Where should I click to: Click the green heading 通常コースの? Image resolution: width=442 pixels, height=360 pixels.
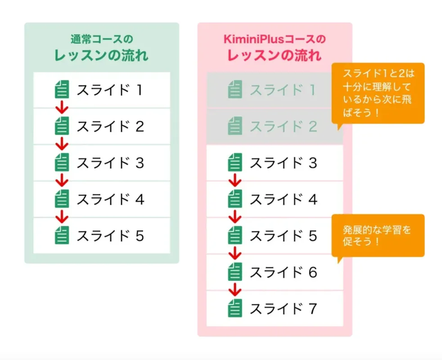pyautogui.click(x=102, y=39)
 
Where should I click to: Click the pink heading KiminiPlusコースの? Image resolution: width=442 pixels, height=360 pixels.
pyautogui.click(x=275, y=39)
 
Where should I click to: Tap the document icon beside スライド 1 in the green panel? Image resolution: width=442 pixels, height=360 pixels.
pyautogui.click(x=62, y=90)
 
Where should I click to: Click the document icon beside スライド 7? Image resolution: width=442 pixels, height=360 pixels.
pyautogui.click(x=235, y=309)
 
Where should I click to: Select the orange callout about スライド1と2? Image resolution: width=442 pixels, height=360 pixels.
pyautogui.click(x=378, y=93)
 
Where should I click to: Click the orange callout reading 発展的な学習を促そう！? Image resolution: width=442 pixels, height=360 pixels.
pyautogui.click(x=378, y=235)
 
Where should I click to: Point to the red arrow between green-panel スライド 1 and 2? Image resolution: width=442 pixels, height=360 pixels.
pyautogui.click(x=62, y=108)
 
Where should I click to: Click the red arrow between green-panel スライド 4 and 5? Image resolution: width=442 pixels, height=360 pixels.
pyautogui.click(x=62, y=217)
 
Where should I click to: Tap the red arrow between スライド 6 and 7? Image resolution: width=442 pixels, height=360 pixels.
pyautogui.click(x=235, y=290)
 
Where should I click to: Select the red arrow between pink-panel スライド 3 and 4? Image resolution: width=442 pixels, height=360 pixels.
pyautogui.click(x=235, y=181)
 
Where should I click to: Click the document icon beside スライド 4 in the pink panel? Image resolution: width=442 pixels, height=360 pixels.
pyautogui.click(x=235, y=199)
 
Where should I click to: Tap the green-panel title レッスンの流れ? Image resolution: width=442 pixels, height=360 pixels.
pyautogui.click(x=102, y=55)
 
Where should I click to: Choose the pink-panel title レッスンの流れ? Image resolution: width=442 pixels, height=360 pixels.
pyautogui.click(x=275, y=55)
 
